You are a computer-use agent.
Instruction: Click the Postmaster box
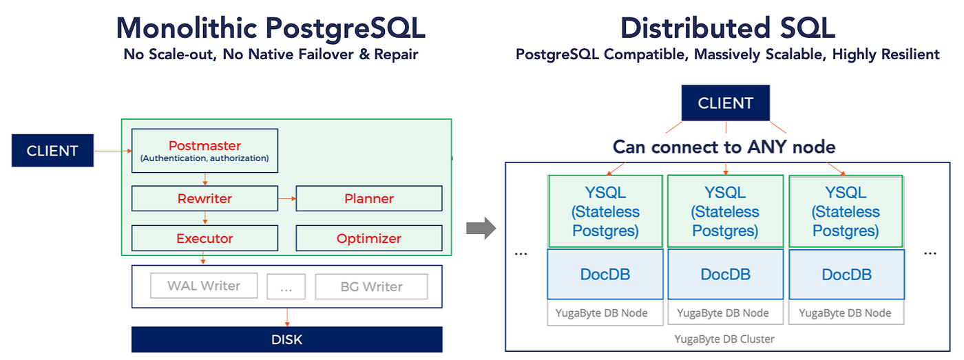[x=205, y=151]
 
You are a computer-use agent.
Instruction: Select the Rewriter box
[x=205, y=198]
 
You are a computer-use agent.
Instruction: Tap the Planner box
[x=369, y=198]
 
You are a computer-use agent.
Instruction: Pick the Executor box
[x=205, y=238]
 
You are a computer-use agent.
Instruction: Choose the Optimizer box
[x=369, y=238]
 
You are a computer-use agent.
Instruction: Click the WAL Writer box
[x=204, y=286]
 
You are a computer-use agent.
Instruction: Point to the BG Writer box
[x=371, y=286]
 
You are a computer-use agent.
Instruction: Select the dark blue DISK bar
[x=286, y=339]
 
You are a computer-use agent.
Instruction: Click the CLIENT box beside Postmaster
[x=52, y=151]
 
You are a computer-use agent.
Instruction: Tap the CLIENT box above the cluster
[x=725, y=103]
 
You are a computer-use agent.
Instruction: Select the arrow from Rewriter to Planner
[x=286, y=198]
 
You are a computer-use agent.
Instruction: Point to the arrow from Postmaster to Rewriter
[x=205, y=179]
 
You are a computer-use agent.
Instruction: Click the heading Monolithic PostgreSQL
[x=271, y=28]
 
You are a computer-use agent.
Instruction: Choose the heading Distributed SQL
[x=727, y=28]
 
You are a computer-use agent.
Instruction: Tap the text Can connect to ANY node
[x=724, y=147]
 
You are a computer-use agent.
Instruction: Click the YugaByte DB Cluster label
[x=726, y=339]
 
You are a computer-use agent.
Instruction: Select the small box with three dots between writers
[x=286, y=286]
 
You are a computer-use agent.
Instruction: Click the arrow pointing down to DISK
[x=286, y=317]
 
